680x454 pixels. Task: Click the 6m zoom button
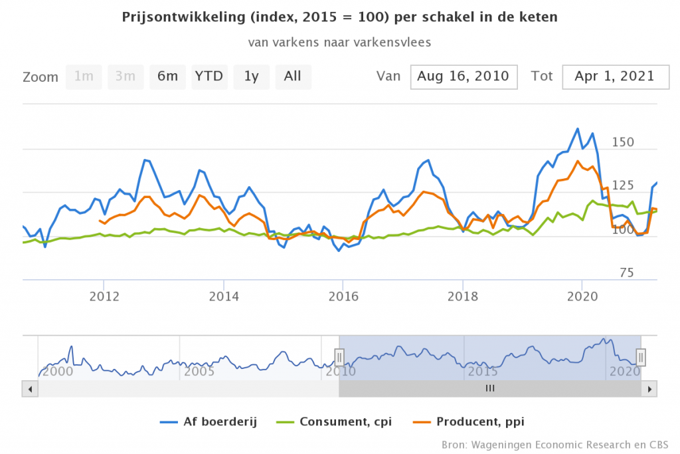point(167,76)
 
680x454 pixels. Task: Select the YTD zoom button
point(209,76)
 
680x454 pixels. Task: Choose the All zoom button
point(293,76)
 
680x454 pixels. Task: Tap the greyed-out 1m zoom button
point(84,76)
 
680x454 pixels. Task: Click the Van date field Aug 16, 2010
point(463,76)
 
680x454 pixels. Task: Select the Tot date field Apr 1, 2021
point(614,76)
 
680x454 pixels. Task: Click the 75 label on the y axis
point(626,273)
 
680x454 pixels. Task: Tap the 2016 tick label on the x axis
point(342,296)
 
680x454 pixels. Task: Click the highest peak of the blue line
point(577,129)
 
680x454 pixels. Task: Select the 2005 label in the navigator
point(199,372)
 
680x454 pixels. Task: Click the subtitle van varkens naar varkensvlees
point(340,42)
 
